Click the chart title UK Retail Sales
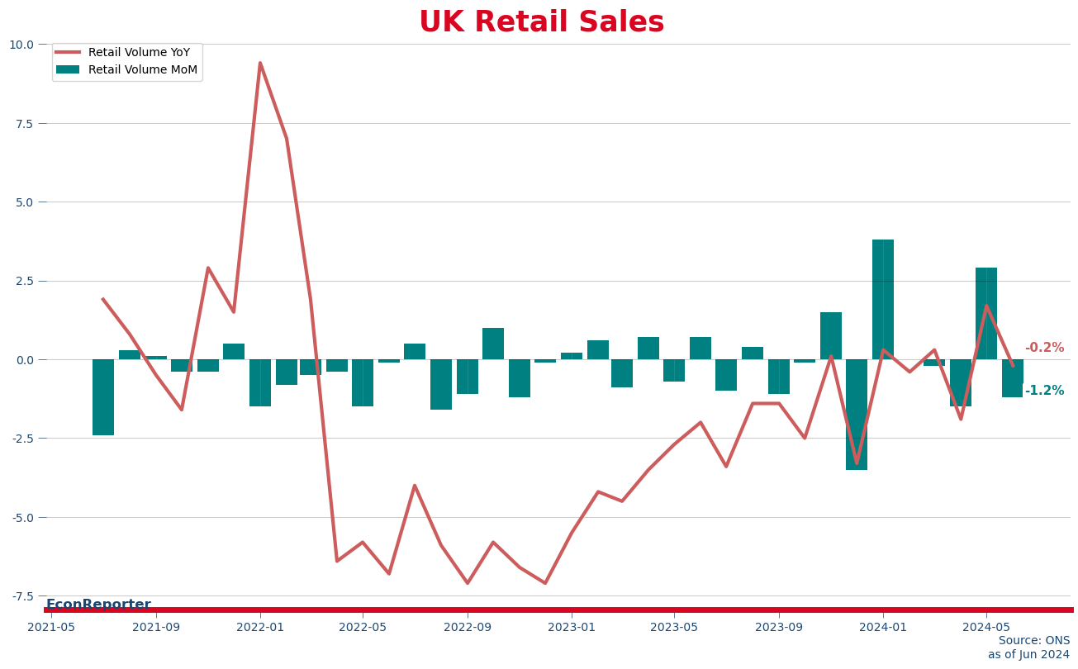click(x=541, y=22)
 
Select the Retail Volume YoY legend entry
click(x=139, y=53)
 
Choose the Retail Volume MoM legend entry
click(x=142, y=70)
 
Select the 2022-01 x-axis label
click(x=260, y=628)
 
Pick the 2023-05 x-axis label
click(x=674, y=628)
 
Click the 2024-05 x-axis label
click(x=986, y=628)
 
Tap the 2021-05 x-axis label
click(x=51, y=628)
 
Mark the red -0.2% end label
click(x=1044, y=349)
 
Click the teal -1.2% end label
click(x=1044, y=391)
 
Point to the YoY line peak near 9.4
click(x=260, y=64)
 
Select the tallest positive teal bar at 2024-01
click(x=883, y=299)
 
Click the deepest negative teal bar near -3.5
click(x=857, y=415)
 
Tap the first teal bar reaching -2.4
click(x=103, y=397)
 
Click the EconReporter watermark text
click(x=98, y=605)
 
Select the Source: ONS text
click(x=1033, y=641)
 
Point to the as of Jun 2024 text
click(x=1028, y=655)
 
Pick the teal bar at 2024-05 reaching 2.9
click(x=986, y=314)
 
